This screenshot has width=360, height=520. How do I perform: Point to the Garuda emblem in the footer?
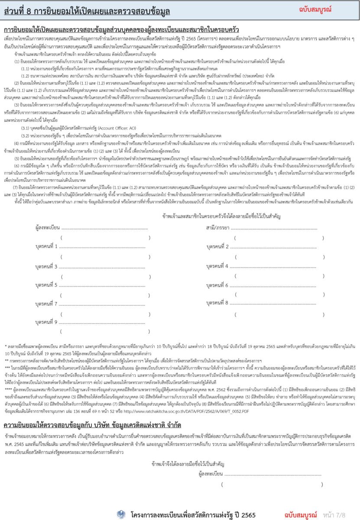[121, 514]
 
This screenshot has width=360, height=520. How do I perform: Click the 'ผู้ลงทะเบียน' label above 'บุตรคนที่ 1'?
[48, 227]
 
